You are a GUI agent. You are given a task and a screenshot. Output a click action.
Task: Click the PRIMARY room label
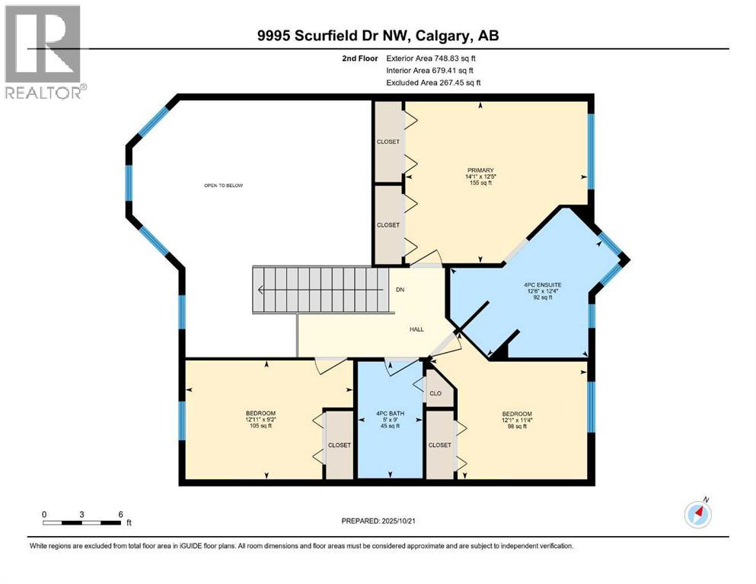click(x=481, y=170)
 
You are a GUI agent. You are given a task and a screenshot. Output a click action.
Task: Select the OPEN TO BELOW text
click(x=223, y=186)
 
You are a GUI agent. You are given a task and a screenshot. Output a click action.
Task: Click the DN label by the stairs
click(x=400, y=289)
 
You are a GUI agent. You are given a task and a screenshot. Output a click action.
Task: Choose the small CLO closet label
click(x=435, y=394)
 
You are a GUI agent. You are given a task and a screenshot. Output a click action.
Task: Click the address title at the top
click(x=378, y=36)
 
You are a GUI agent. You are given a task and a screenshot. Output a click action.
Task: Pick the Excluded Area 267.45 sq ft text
click(x=432, y=82)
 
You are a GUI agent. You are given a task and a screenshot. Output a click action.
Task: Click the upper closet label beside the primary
click(x=388, y=141)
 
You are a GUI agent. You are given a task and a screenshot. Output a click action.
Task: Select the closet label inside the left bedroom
click(x=339, y=445)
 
